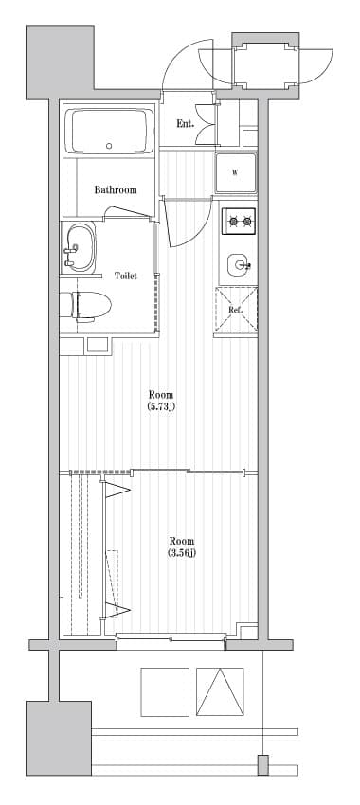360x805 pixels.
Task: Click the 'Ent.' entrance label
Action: click(185, 124)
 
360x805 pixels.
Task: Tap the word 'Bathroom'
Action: click(115, 189)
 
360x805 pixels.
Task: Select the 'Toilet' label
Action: click(125, 276)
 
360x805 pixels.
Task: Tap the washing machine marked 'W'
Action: click(234, 171)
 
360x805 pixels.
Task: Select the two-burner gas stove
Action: click(239, 222)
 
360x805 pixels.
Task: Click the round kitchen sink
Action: click(238, 264)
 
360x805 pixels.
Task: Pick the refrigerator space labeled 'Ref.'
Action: click(236, 310)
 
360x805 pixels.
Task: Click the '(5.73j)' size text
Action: click(161, 406)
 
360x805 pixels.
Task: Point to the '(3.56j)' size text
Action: click(181, 552)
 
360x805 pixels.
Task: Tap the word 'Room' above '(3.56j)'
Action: click(181, 541)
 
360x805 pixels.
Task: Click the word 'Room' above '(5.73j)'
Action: click(161, 394)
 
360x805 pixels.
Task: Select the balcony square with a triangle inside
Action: click(220, 691)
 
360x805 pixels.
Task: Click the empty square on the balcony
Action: click(165, 691)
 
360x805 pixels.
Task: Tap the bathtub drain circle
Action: click(109, 146)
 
